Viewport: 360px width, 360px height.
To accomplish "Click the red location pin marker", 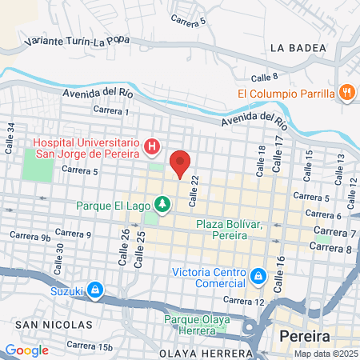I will [x=180, y=163].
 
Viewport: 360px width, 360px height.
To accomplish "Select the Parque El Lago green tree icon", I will [x=162, y=206].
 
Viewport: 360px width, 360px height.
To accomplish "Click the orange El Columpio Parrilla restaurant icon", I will [x=346, y=93].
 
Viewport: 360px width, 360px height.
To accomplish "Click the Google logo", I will [x=26, y=350].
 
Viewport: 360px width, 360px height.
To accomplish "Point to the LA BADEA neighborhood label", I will [x=299, y=48].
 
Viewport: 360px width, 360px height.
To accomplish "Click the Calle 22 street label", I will [x=194, y=191].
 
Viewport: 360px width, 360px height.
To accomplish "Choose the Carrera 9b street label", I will [x=31, y=237].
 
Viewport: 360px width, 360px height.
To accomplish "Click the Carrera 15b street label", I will [x=90, y=346].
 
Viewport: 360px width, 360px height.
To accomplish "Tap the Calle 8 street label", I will [x=263, y=78].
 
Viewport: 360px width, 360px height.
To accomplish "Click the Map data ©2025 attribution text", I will [x=325, y=354].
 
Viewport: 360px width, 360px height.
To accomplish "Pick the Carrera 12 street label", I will [x=244, y=300].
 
